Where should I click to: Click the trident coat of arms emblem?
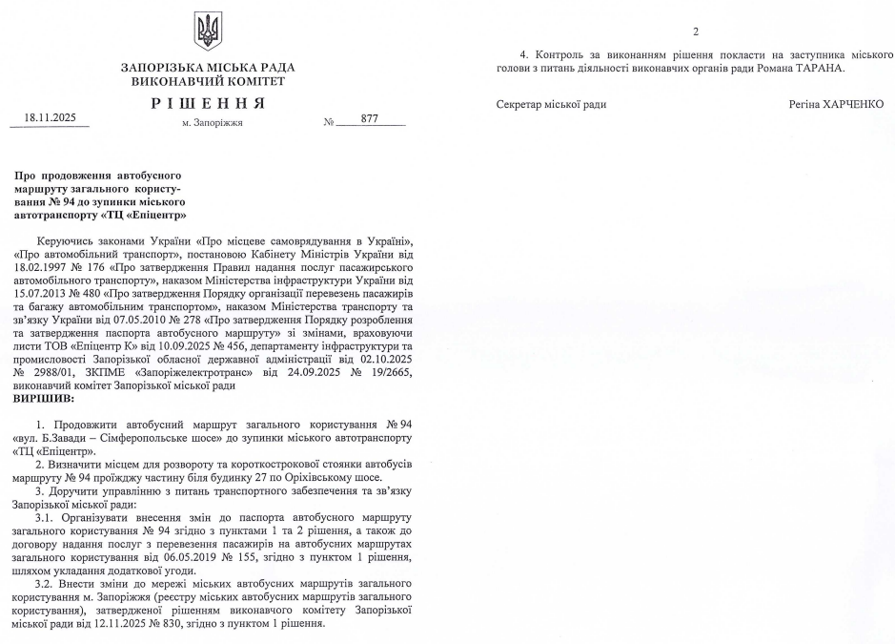pos(208,31)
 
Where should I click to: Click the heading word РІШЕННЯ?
pos(208,102)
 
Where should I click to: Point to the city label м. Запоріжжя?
pos(212,123)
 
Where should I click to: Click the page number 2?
pos(696,31)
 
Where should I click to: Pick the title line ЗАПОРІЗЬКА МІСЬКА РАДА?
pos(208,67)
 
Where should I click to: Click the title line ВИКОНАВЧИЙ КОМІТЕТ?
pos(208,81)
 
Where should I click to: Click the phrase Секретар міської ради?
pos(552,104)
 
